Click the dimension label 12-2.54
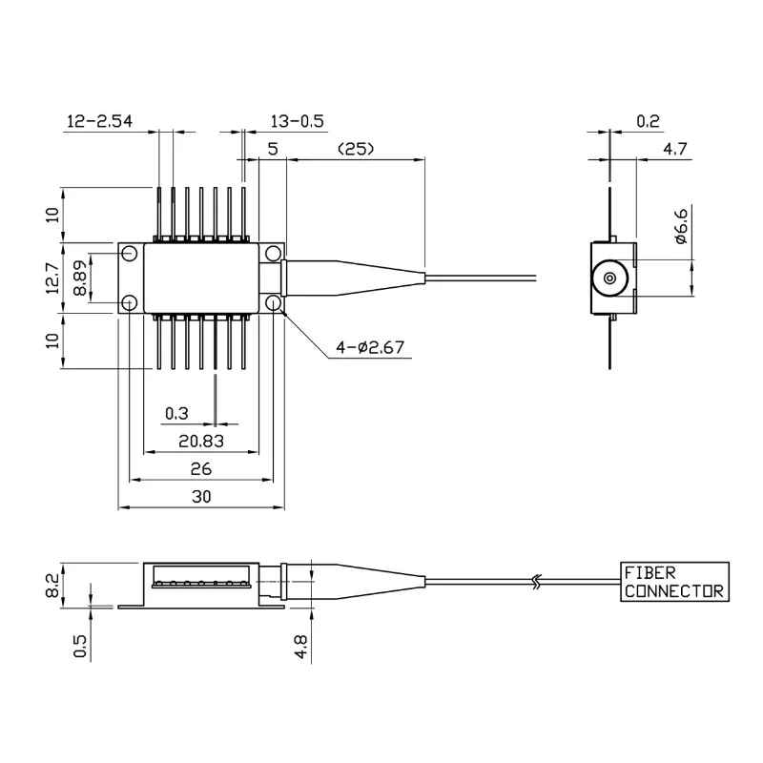99,121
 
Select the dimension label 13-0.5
298,121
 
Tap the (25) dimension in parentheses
354,149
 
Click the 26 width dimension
199,469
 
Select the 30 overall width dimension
200,497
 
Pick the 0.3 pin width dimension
176,413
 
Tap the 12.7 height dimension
53,278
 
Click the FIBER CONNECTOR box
673,582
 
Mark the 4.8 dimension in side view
301,646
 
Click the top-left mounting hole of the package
129,254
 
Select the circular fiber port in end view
608,279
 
